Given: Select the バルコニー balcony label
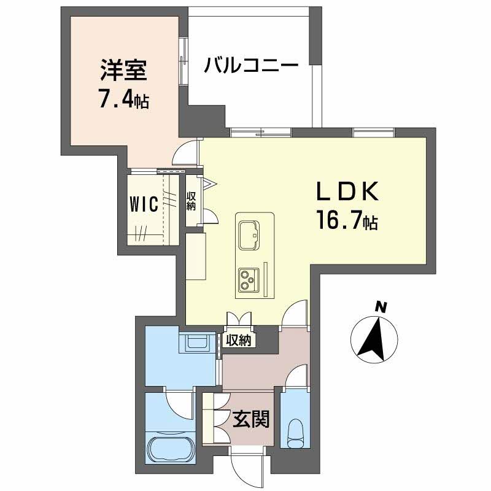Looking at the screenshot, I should (252, 64).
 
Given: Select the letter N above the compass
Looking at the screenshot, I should (381, 306).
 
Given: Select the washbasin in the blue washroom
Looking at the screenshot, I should (196, 344).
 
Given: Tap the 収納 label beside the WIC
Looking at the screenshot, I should (191, 199).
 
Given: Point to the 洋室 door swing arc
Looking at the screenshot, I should (187, 153).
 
